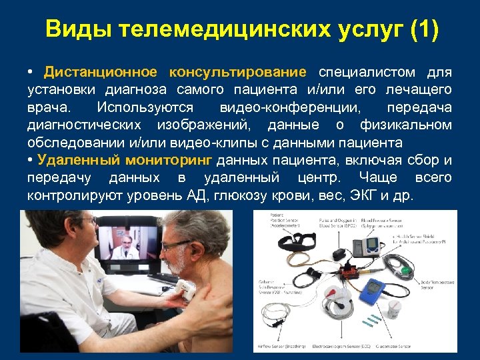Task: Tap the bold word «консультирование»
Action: tap(238, 72)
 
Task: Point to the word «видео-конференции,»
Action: tap(293, 107)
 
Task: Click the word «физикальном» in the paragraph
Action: tap(405, 125)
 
